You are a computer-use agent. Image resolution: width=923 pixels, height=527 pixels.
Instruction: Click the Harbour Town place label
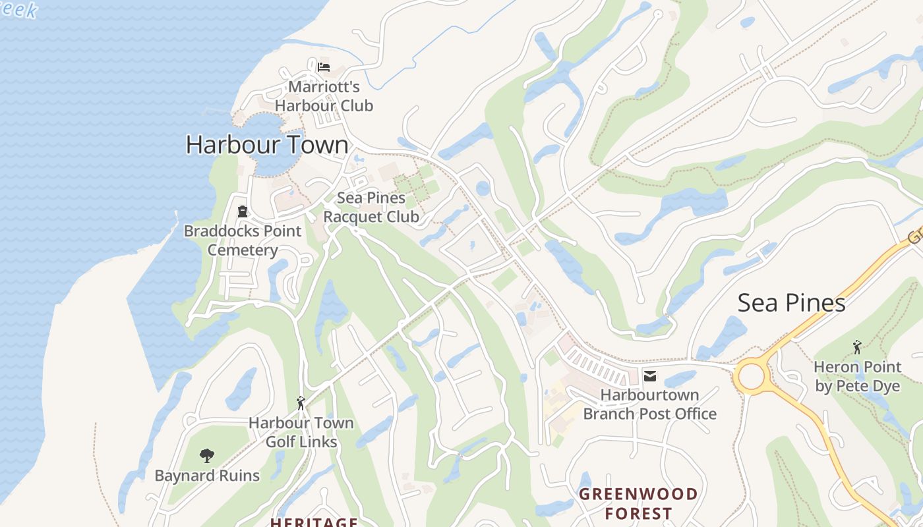(267, 144)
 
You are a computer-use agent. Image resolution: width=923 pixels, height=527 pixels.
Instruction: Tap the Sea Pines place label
(791, 302)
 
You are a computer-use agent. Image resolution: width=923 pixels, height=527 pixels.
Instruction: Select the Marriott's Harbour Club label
(324, 96)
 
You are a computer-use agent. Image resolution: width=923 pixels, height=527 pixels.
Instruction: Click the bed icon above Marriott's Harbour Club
(323, 67)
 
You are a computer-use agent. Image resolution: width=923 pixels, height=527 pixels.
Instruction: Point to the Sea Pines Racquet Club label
(371, 207)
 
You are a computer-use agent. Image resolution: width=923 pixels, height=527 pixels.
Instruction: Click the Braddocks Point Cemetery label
(243, 240)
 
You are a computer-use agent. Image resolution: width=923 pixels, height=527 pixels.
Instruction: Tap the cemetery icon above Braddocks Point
(243, 211)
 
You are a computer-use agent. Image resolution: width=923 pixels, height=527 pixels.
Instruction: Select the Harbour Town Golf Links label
(301, 432)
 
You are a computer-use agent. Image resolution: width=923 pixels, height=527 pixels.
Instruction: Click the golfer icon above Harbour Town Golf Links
(301, 402)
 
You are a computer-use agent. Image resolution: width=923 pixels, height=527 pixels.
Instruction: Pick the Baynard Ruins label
(207, 476)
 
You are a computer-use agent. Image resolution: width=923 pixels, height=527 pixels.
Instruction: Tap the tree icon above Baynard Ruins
(207, 455)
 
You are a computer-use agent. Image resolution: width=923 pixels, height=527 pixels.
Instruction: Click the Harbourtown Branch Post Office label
(650, 404)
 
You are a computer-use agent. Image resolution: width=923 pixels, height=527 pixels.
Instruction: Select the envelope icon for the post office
(650, 376)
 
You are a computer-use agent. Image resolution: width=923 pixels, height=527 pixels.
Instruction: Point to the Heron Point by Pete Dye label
(858, 376)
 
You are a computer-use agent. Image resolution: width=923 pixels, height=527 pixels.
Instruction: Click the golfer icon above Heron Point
(857, 347)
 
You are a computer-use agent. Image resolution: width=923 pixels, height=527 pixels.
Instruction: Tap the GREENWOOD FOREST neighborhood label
(638, 504)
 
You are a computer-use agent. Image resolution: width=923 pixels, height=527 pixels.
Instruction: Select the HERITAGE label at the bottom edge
(314, 522)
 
